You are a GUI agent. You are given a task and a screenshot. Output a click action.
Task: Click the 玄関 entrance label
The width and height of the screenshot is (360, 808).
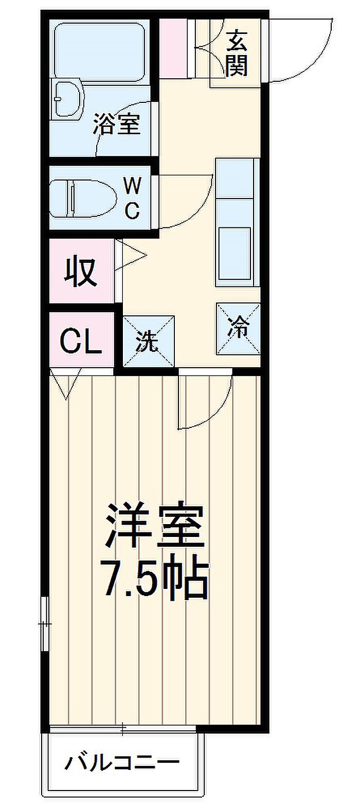click(237, 53)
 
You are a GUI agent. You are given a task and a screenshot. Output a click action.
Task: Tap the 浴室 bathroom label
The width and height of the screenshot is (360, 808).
click(116, 123)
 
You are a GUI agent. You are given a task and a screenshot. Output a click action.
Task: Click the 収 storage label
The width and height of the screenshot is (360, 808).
click(80, 272)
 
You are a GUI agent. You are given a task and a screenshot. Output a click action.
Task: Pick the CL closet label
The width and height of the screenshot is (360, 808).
click(80, 341)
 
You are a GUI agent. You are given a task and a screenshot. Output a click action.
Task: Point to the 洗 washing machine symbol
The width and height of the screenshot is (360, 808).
click(149, 342)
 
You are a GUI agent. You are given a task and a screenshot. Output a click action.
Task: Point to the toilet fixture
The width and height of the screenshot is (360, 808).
click(83, 199)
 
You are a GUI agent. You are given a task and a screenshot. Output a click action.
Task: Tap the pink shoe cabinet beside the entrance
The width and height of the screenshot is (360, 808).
click(173, 48)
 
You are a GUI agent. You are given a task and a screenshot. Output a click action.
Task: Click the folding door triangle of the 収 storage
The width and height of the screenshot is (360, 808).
click(131, 256)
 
